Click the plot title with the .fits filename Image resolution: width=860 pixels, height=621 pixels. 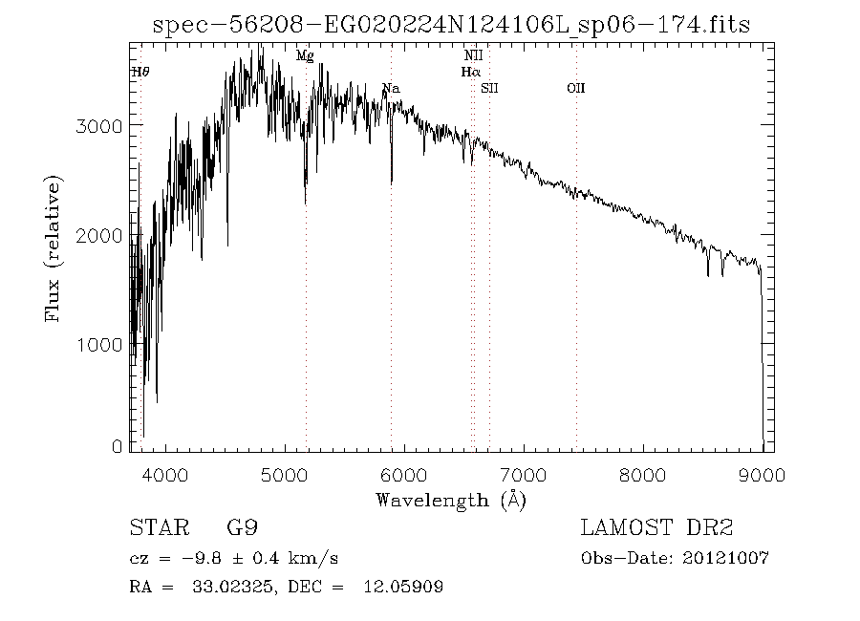(x=452, y=26)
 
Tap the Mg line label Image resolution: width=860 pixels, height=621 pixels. (x=305, y=56)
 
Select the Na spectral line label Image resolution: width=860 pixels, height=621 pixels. (x=391, y=89)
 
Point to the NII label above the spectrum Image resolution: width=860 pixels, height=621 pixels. (x=473, y=57)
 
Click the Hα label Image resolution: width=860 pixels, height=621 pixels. (x=470, y=72)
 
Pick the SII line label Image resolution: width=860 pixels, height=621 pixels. (x=490, y=89)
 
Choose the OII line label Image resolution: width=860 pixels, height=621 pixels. (x=575, y=89)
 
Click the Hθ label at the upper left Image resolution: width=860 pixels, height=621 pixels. (x=140, y=72)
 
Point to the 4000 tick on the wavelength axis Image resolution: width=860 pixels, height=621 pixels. (x=167, y=474)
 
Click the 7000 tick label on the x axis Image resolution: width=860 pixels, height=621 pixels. (x=525, y=474)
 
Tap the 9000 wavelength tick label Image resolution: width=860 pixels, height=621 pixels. (x=763, y=474)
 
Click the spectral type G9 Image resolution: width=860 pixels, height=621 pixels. (x=241, y=528)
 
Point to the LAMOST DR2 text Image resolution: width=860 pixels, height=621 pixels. (x=656, y=528)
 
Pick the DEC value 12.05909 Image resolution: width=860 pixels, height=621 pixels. (x=403, y=588)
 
